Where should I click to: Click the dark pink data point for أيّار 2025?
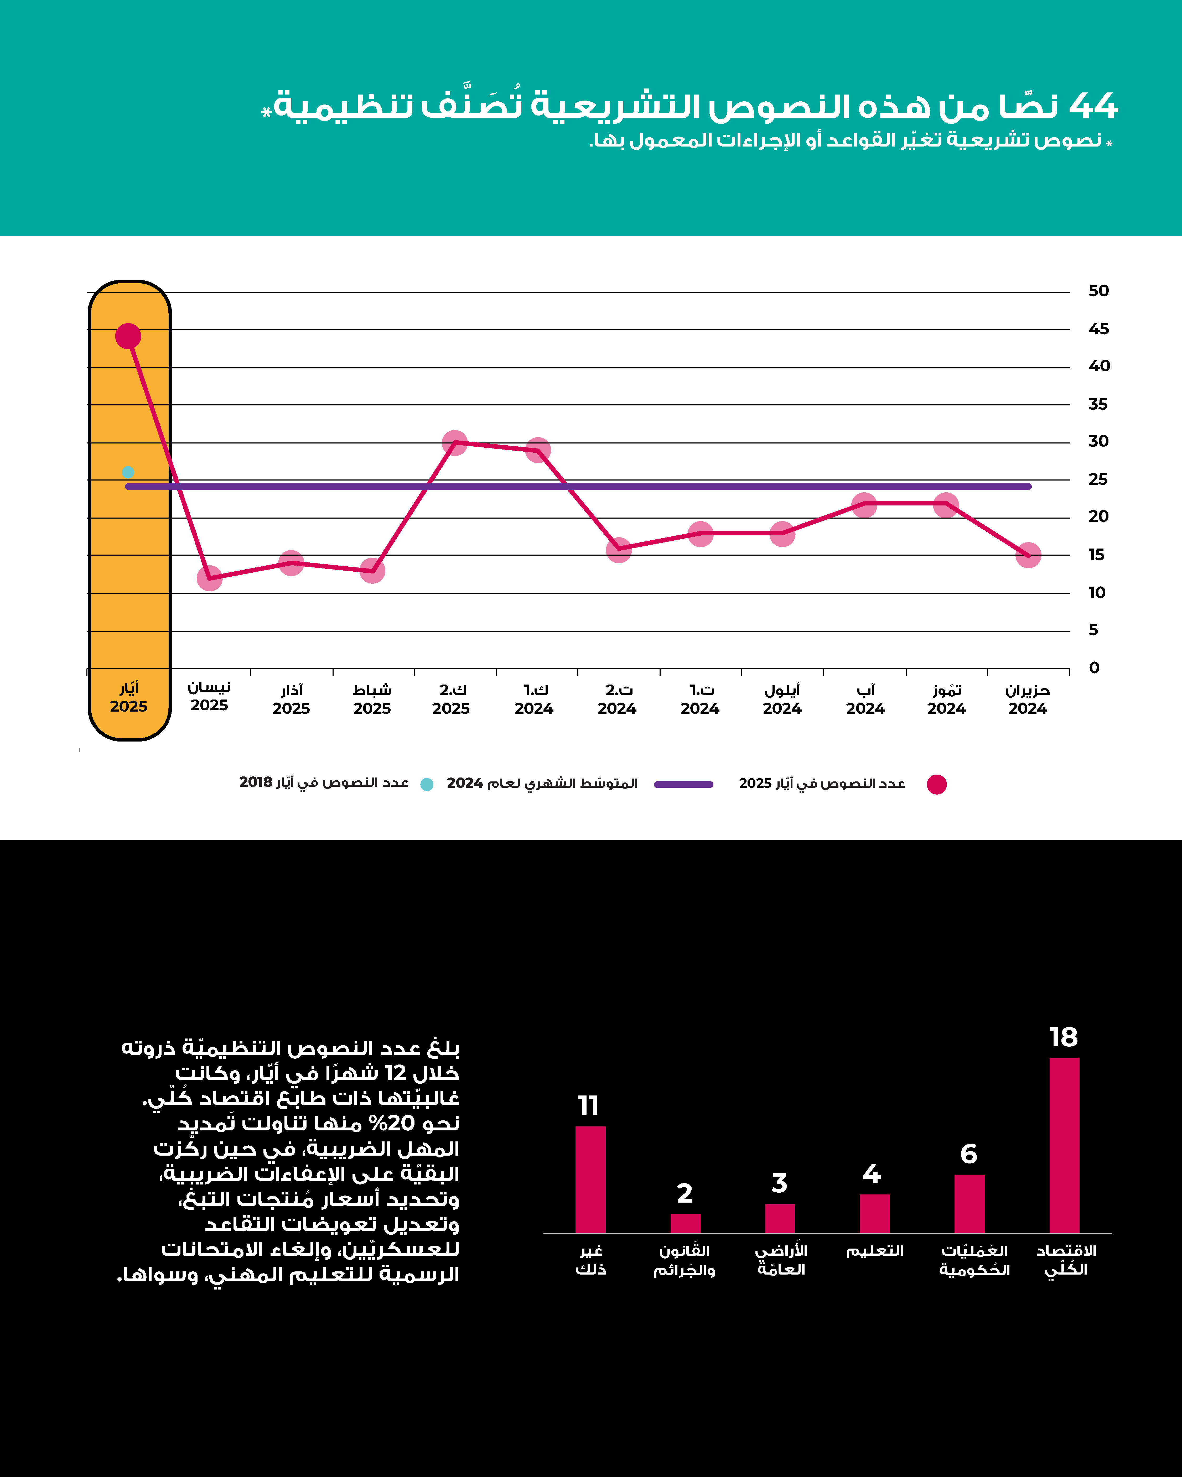point(128,336)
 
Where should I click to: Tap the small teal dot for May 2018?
point(127,472)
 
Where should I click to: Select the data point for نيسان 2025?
point(210,578)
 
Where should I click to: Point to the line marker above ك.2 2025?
point(454,443)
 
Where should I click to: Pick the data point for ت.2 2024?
point(619,549)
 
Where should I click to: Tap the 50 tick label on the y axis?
point(1098,291)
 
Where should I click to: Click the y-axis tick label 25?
point(1098,479)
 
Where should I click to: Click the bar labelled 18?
point(1064,1145)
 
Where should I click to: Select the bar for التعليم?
point(874,1214)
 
